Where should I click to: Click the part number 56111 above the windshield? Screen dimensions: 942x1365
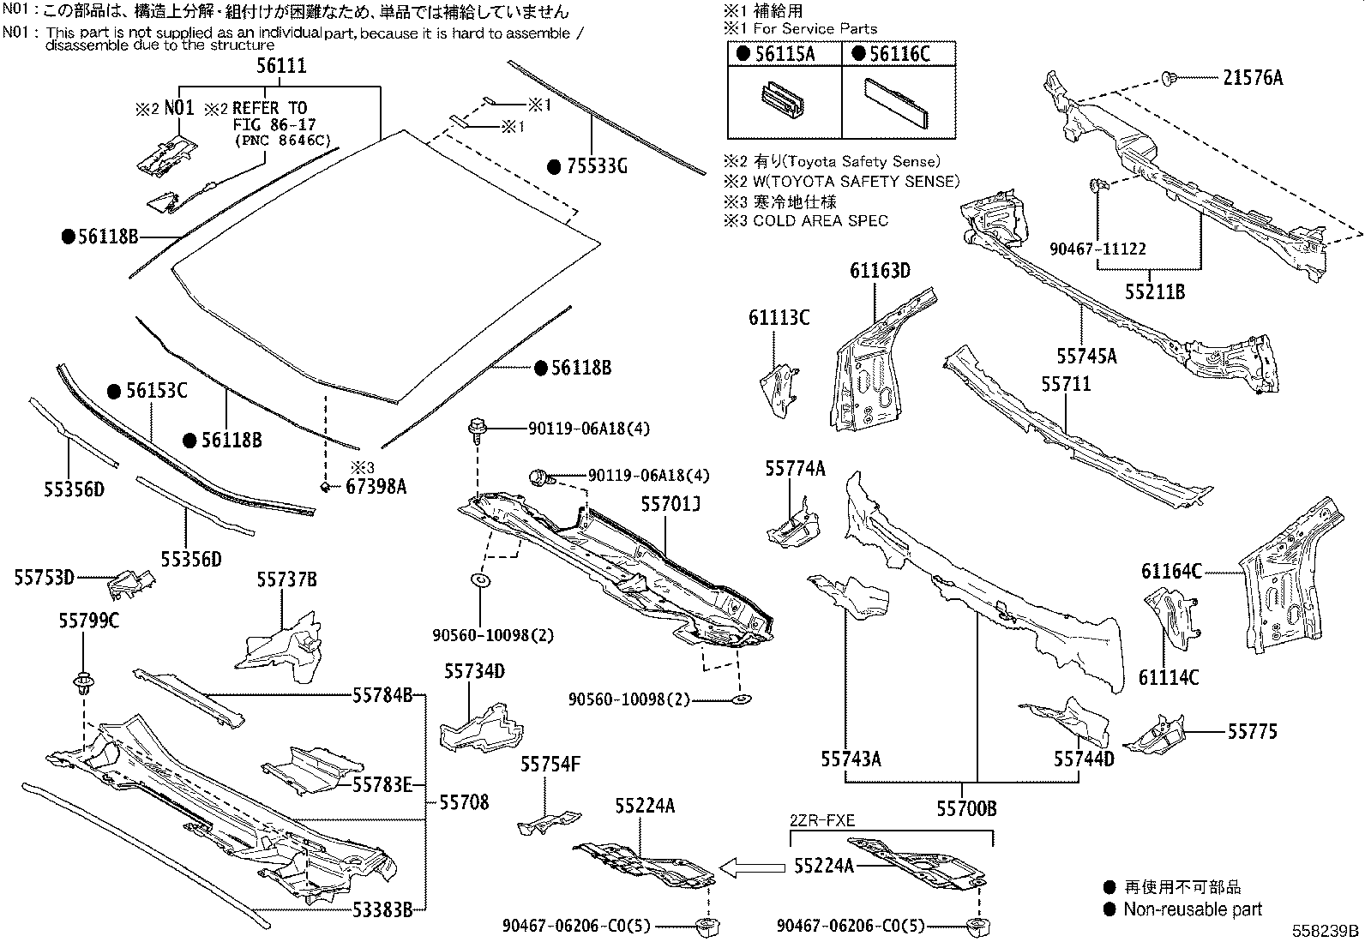tap(281, 66)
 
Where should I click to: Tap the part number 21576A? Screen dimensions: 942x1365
tap(1253, 78)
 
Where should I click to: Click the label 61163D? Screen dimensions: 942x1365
tap(880, 271)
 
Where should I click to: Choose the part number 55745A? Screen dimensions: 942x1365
tap(1086, 356)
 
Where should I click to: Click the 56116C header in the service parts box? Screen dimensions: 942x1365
tap(898, 54)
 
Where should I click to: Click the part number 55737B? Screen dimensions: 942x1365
tap(286, 580)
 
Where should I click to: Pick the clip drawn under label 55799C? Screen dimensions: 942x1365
tap(83, 685)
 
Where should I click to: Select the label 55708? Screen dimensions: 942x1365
tap(464, 802)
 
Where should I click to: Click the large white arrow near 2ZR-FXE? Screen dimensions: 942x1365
tap(752, 868)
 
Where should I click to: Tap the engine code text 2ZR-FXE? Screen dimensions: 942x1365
tap(821, 820)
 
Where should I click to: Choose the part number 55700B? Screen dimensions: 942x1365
tap(966, 808)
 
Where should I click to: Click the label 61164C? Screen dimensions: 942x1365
tap(1171, 571)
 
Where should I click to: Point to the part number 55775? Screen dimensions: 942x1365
tap(1252, 731)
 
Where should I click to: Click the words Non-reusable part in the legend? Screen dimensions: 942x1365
tap(1193, 909)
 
